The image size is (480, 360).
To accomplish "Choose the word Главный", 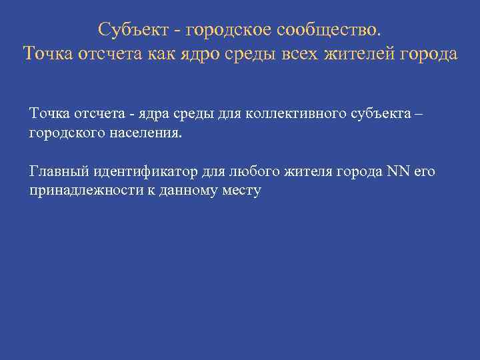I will click(x=55, y=172).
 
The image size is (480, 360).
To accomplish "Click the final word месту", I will click(x=243, y=191).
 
